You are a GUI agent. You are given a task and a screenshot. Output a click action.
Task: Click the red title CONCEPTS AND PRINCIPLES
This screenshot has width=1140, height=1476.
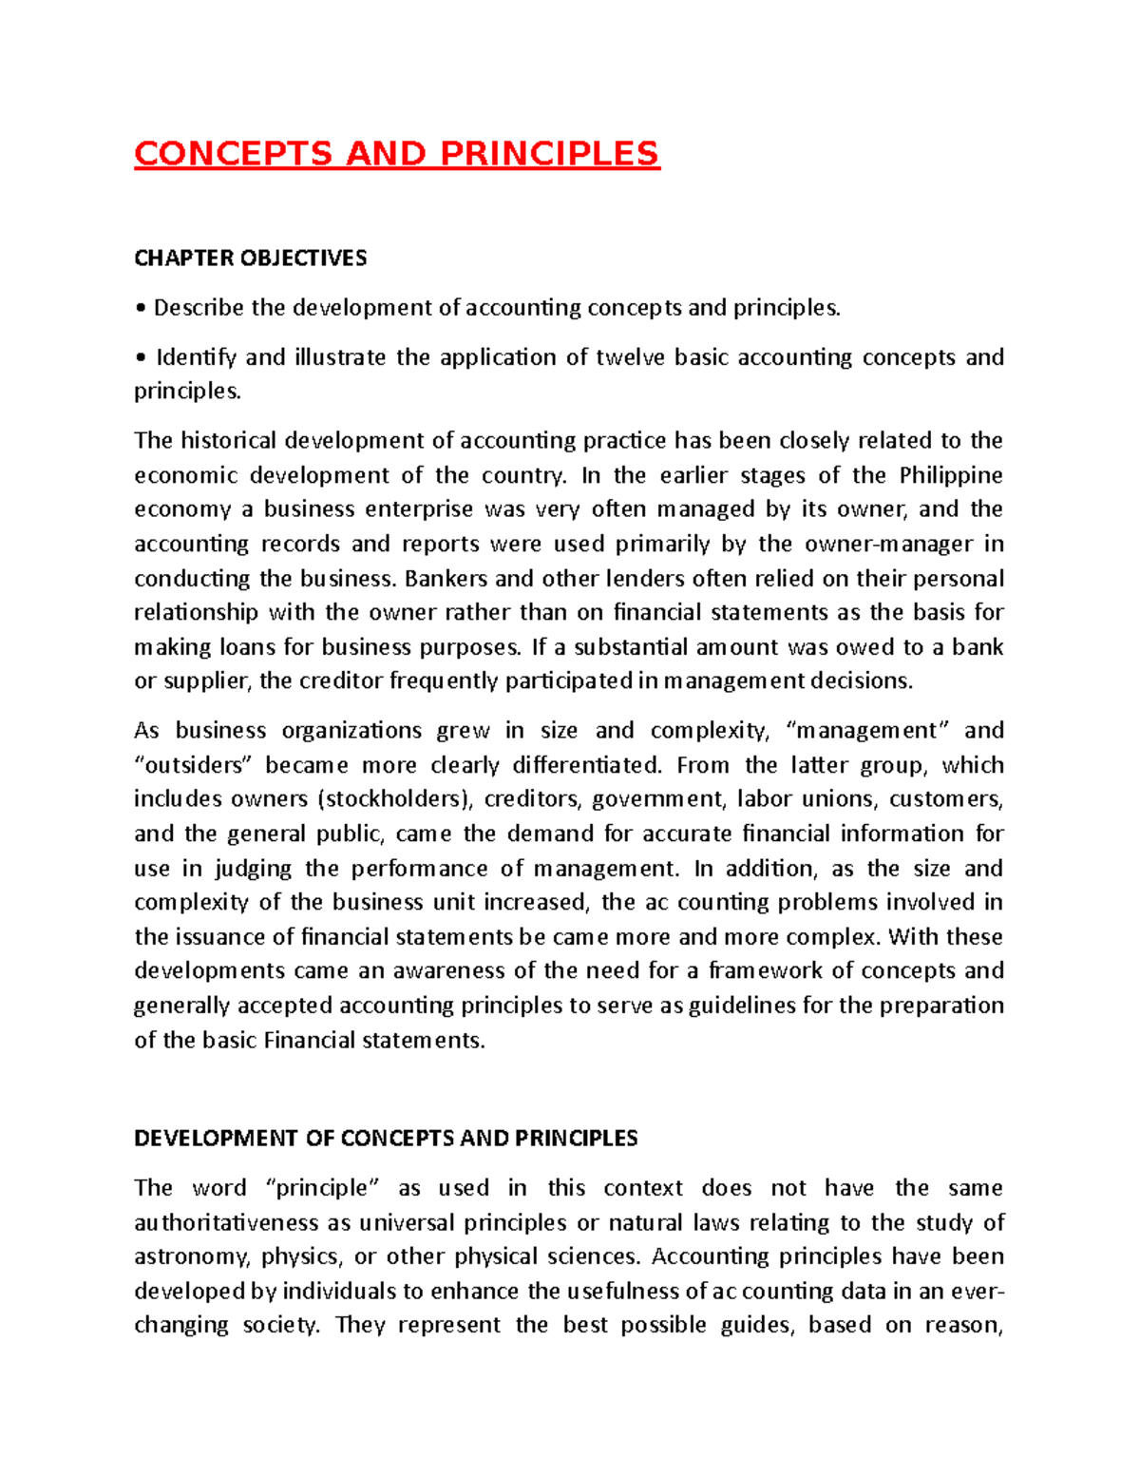coord(396,154)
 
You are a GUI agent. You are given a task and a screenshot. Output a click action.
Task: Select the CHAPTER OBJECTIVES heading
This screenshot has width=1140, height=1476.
coord(250,259)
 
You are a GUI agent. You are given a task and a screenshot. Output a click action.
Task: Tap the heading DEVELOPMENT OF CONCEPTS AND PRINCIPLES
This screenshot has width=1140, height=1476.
coord(386,1139)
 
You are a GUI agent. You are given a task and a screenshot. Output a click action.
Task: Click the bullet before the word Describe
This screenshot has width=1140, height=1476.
coord(141,309)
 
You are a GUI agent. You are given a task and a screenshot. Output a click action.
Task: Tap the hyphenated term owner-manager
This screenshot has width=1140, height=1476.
coord(888,544)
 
